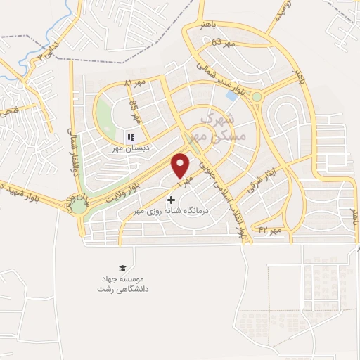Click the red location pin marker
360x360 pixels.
coord(181,166)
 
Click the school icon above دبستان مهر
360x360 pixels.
coord(130,137)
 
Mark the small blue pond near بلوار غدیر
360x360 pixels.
coord(231,96)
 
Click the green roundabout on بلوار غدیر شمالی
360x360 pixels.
coord(257,96)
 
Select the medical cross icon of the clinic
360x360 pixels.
coord(171,200)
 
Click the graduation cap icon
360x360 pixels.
coord(123,269)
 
